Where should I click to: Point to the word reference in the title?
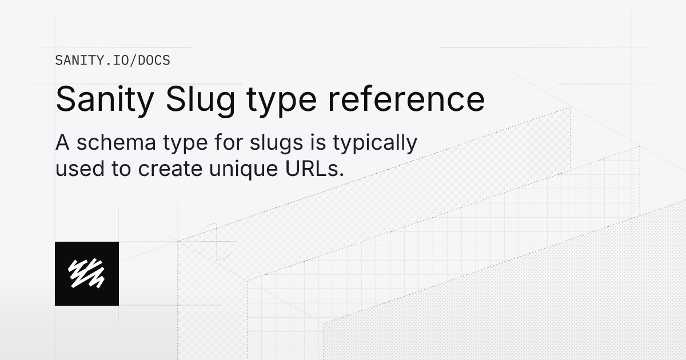click(406, 99)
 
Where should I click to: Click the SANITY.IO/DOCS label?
click(113, 60)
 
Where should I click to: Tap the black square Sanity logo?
click(87, 273)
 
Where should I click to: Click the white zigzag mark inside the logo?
click(86, 273)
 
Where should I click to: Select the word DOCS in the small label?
click(154, 60)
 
